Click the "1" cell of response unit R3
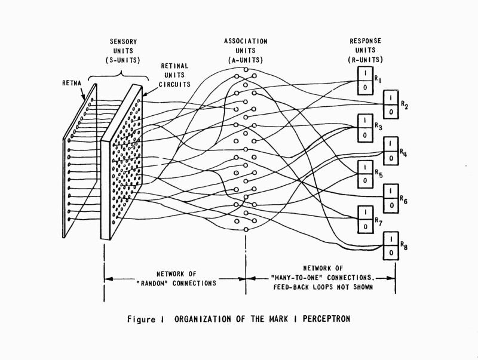(364, 121)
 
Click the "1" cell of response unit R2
(390, 97)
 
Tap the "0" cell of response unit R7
(364, 226)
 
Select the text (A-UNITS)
(246, 60)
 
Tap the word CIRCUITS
(174, 84)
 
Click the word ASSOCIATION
(246, 41)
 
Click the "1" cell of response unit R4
(390, 145)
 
